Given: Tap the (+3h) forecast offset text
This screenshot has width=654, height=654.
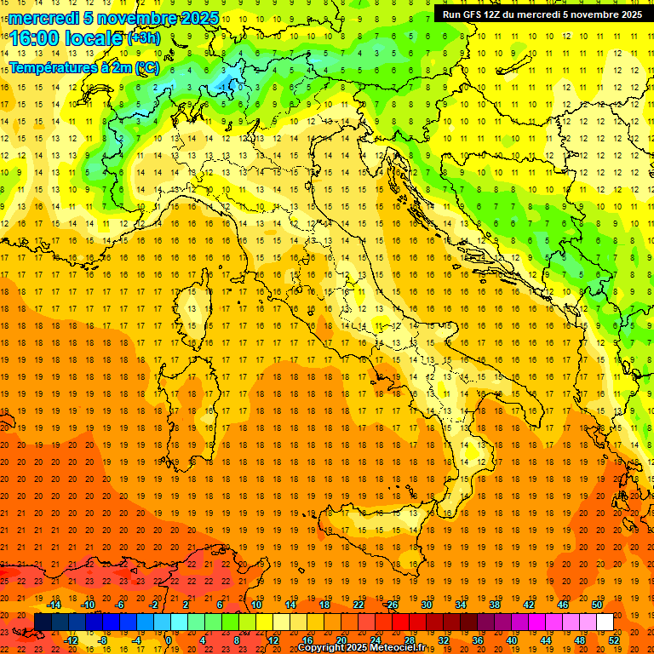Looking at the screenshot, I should click(143, 37).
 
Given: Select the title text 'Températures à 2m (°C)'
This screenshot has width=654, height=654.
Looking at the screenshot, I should click(83, 67).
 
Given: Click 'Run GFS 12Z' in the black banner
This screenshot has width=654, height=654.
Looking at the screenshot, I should click(477, 14).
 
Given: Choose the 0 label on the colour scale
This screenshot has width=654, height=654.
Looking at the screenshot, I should click(169, 640).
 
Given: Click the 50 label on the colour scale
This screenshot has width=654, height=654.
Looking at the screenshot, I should click(596, 605).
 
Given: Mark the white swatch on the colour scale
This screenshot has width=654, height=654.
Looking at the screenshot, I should click(605, 622).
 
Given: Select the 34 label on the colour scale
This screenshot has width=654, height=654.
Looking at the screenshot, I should click(460, 605).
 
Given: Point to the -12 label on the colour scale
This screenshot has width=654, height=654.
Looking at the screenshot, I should click(71, 640).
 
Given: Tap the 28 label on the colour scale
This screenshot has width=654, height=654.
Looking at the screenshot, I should click(410, 640).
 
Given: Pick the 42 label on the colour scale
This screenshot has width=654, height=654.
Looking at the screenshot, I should click(528, 605).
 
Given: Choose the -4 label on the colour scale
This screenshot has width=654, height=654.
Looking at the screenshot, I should click(137, 640).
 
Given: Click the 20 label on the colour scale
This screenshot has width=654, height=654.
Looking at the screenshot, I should click(341, 640).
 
